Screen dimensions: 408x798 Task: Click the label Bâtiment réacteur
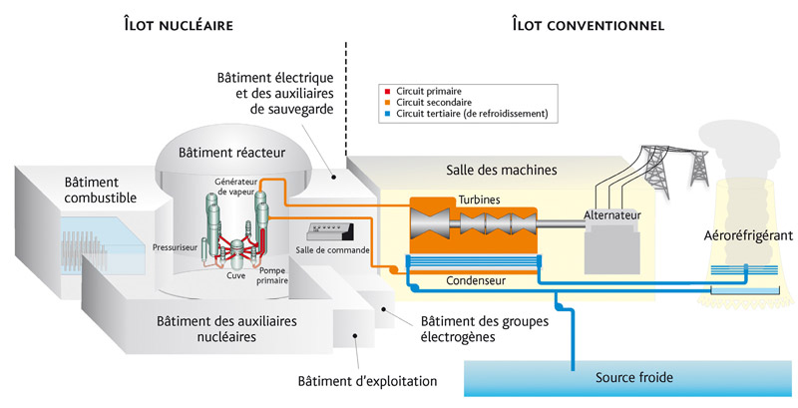(231, 153)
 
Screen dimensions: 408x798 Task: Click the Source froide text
(634, 377)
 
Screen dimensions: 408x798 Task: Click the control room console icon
(332, 231)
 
